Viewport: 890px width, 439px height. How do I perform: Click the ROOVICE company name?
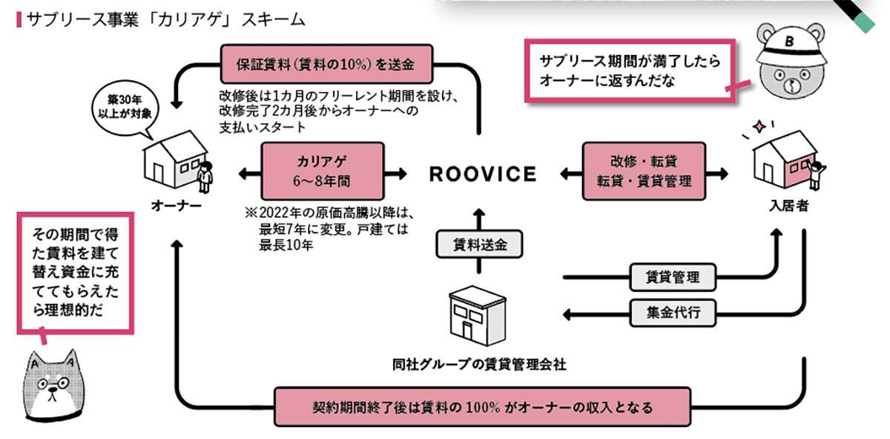pos(482,174)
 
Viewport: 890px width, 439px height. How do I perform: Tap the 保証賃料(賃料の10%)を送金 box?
pos(326,65)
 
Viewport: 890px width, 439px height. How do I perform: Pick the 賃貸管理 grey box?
pos(674,278)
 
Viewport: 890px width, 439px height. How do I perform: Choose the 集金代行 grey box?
pos(674,313)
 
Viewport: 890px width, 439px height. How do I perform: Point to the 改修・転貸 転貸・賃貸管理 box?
pos(644,171)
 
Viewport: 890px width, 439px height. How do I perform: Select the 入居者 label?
pos(788,206)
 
